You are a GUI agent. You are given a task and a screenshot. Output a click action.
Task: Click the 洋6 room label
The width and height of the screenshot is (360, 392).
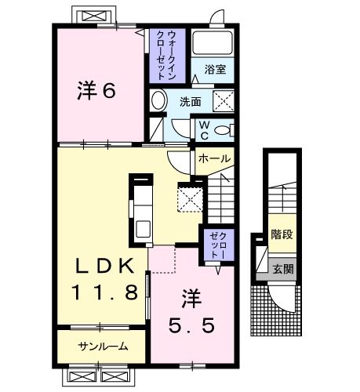coord(96,91)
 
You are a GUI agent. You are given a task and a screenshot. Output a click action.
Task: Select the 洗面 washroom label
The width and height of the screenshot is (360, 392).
coord(190,101)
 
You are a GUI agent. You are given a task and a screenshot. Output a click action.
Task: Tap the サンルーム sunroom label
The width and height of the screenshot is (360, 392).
coord(102,345)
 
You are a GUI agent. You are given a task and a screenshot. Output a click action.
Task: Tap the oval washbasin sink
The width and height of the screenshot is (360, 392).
coord(158,100)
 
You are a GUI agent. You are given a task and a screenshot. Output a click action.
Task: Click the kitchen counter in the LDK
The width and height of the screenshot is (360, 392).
coord(143,207)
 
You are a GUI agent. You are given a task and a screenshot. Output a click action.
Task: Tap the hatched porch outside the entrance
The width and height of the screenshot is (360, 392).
coord(271,310)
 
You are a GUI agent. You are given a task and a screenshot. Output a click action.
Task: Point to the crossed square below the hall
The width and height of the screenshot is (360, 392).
coord(190,198)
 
